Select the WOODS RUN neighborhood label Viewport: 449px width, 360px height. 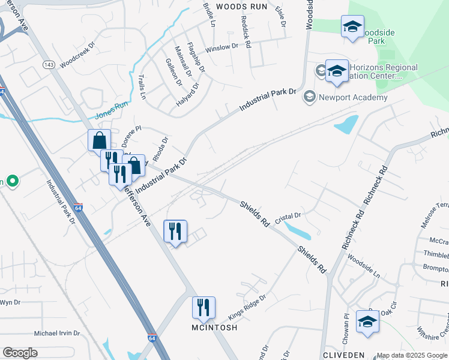tap(241, 6)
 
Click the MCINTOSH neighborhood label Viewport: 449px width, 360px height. tap(214, 328)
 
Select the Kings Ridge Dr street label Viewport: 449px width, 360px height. tap(247, 307)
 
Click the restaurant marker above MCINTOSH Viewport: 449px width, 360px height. tap(203, 308)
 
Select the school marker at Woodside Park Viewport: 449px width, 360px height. tap(352, 27)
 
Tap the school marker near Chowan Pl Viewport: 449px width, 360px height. tap(367, 321)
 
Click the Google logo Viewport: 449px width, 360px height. tap(20, 353)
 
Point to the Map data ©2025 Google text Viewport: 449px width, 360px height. tap(412, 355)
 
